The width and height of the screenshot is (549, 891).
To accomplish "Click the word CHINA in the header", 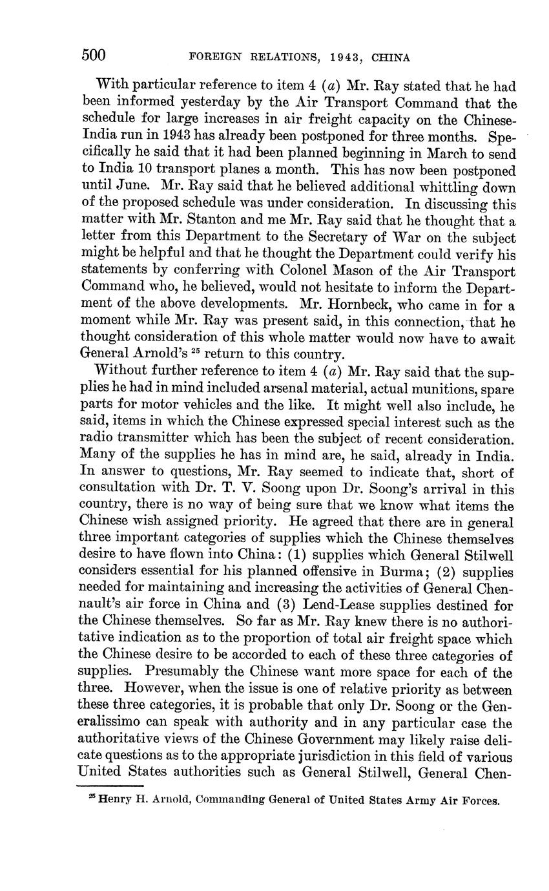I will click(390, 58).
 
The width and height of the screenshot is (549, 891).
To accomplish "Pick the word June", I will click(134, 188).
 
